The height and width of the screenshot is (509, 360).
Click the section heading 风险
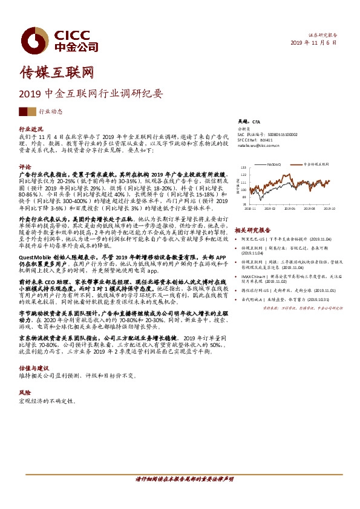25,392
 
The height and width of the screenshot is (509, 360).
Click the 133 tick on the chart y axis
243,167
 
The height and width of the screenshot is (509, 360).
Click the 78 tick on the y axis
244,204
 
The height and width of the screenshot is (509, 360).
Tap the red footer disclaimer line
181,479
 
